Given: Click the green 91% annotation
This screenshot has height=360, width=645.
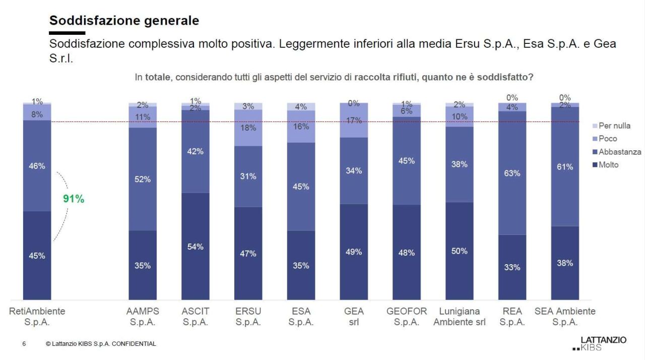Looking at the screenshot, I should coord(74,199).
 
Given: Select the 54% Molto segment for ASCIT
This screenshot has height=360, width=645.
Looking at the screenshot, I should coord(196,246).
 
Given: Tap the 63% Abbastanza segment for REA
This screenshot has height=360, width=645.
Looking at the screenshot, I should coord(512,173).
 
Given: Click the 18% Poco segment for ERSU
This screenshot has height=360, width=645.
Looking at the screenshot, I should coord(248,128).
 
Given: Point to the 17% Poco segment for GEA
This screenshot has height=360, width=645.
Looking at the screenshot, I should coord(354,121).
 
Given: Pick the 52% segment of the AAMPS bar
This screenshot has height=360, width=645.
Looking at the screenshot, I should coord(143,179).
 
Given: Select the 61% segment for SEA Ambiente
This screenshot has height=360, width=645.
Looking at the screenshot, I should coord(565,166).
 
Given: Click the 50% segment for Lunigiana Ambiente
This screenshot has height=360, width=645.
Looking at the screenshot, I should coord(459,251).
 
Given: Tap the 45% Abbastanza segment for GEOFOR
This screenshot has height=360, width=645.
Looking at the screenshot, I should coord(407,161).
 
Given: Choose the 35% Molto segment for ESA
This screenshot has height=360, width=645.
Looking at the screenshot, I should coord(301,265).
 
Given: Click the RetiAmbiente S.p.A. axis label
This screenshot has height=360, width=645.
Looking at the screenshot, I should coord(37,317).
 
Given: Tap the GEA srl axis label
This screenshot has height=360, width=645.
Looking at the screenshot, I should coord(354,317).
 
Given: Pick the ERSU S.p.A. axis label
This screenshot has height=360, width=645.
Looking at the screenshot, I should coord(248,317).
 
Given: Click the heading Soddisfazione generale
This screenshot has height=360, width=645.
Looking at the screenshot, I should coord(124,21).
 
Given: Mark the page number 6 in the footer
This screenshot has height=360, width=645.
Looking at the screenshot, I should coord(24,344).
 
